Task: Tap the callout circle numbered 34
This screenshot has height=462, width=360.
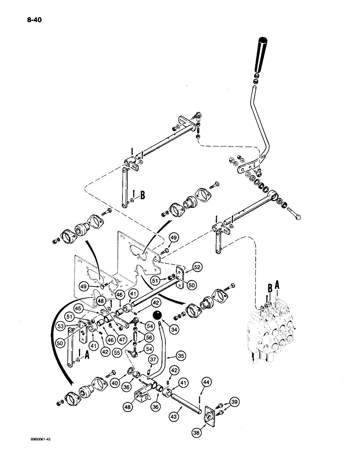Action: [161, 329]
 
